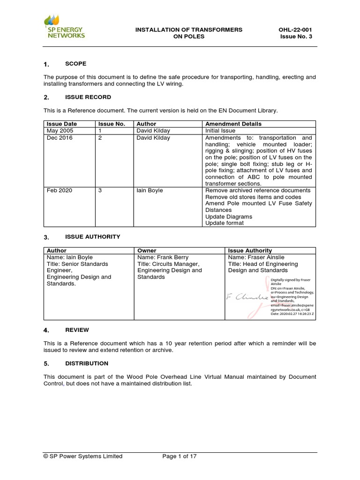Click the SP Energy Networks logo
point(64,27)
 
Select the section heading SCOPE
point(75,64)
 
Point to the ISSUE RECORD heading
point(88,97)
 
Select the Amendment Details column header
point(233,124)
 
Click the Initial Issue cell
point(220,131)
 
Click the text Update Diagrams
point(228,217)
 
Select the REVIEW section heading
point(77,330)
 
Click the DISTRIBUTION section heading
point(87,363)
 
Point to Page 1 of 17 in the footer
point(179,456)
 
